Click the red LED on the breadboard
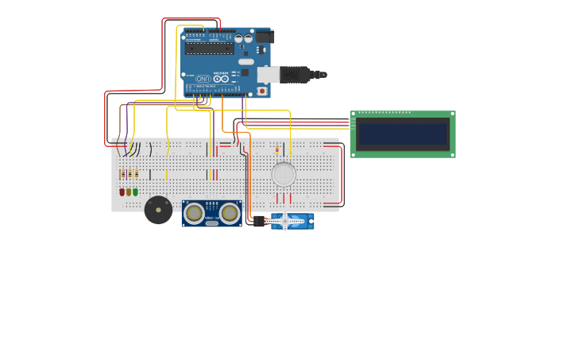pos(122,192)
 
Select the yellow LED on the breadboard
pos(129,192)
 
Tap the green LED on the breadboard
pos(135,192)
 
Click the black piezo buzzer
pos(158,210)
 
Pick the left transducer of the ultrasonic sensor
pos(194,212)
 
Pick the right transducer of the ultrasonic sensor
pos(230,212)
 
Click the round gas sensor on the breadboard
pos(284,174)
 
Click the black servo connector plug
pos(259,222)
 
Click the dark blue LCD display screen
pos(403,134)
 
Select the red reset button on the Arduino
pos(261,91)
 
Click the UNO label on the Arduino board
pos(203,79)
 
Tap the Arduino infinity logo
pos(222,79)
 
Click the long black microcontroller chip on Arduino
pos(210,48)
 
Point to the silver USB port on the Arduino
pos(268,75)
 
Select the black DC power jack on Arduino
pos(265,37)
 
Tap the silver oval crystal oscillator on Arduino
pos(246,61)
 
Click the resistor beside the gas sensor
pos(277,149)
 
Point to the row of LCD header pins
pos(353,123)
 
